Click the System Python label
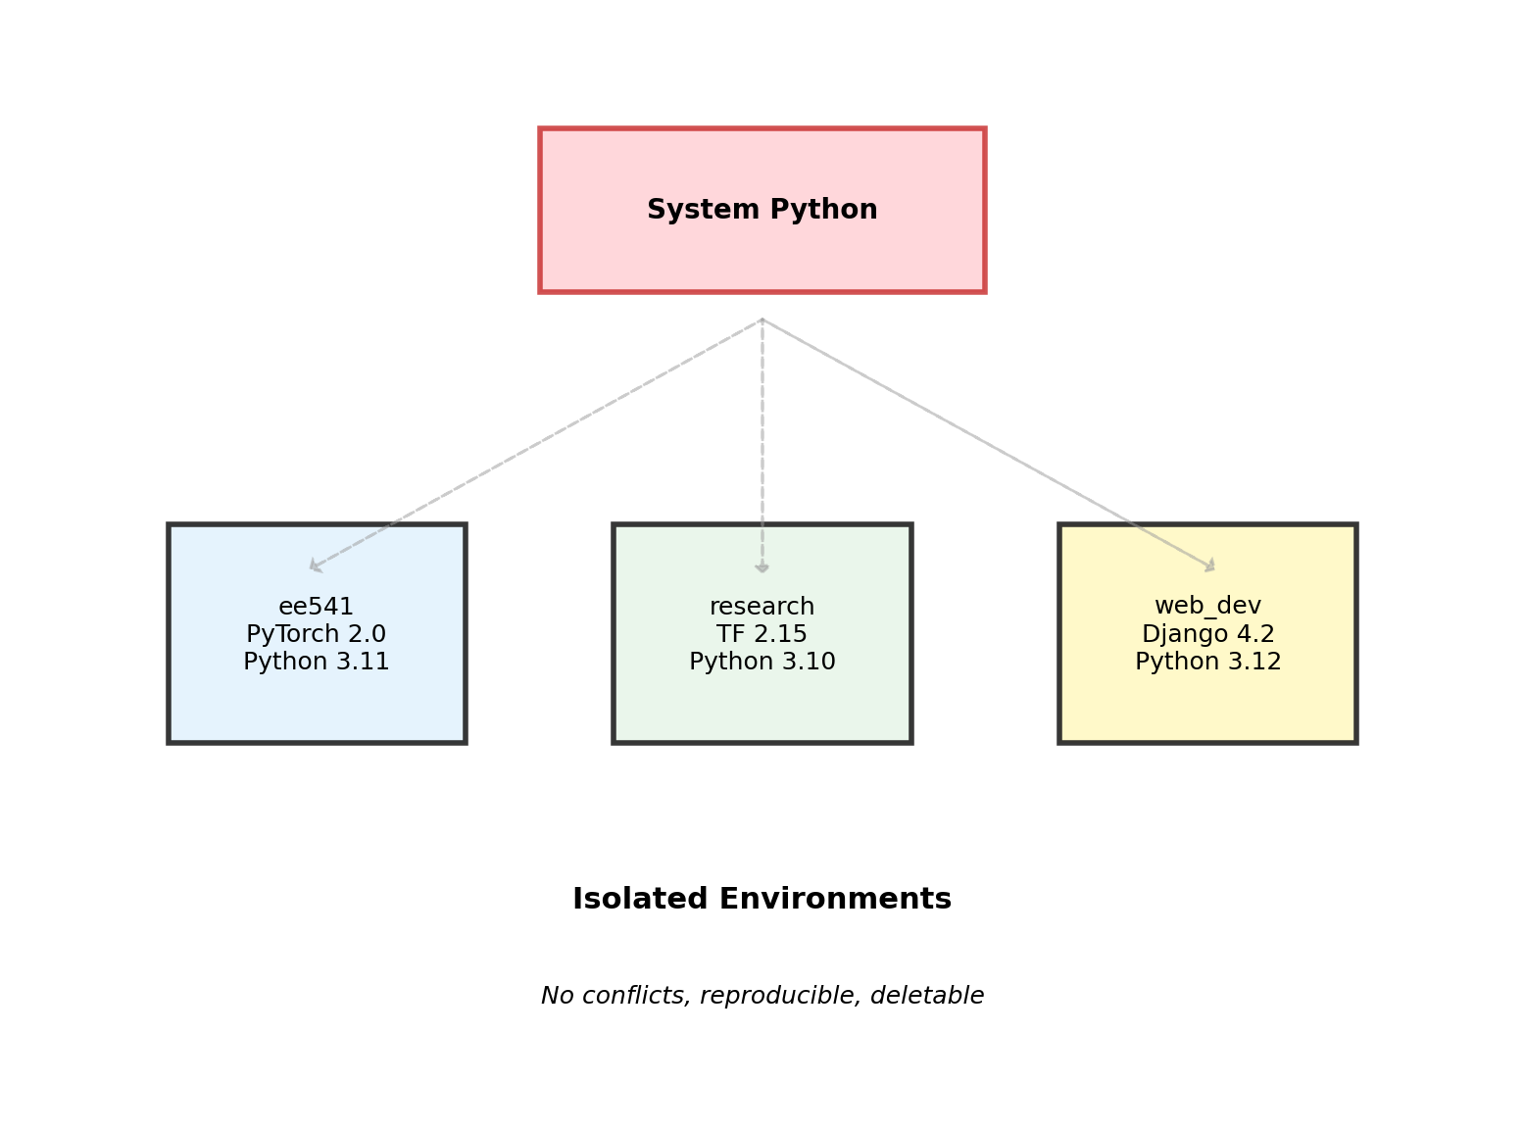tap(762, 210)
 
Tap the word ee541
tap(316, 607)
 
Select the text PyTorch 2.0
tap(316, 634)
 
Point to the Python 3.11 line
tap(316, 662)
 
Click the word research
tap(762, 607)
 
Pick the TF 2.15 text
tap(762, 634)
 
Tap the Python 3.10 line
tap(762, 662)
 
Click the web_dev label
tap(1207, 606)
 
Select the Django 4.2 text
tap(1207, 634)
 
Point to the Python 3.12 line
tap(1207, 662)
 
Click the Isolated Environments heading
tap(762, 899)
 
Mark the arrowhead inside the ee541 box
tap(315, 566)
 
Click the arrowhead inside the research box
tap(762, 567)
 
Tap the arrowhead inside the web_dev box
tap(1210, 566)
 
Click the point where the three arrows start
tap(762, 320)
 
